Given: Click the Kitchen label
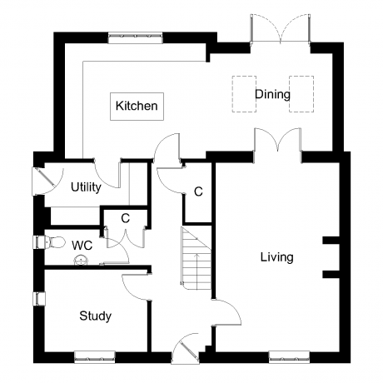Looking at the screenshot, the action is (137, 106).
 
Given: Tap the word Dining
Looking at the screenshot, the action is (272, 95).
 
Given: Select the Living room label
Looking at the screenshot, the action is (276, 257).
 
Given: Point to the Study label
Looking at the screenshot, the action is (95, 316).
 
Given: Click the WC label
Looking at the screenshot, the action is (82, 246).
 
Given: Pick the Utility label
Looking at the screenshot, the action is (86, 187).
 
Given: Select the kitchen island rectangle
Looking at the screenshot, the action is (137, 107).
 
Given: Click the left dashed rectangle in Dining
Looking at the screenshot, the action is (244, 94).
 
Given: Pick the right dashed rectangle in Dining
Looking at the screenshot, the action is (301, 94).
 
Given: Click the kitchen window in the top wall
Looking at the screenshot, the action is (135, 37).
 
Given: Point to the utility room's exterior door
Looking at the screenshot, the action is (46, 181).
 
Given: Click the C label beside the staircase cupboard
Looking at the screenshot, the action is (198, 191).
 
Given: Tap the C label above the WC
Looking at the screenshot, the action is (126, 218).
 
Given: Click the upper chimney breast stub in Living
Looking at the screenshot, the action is (331, 241).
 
